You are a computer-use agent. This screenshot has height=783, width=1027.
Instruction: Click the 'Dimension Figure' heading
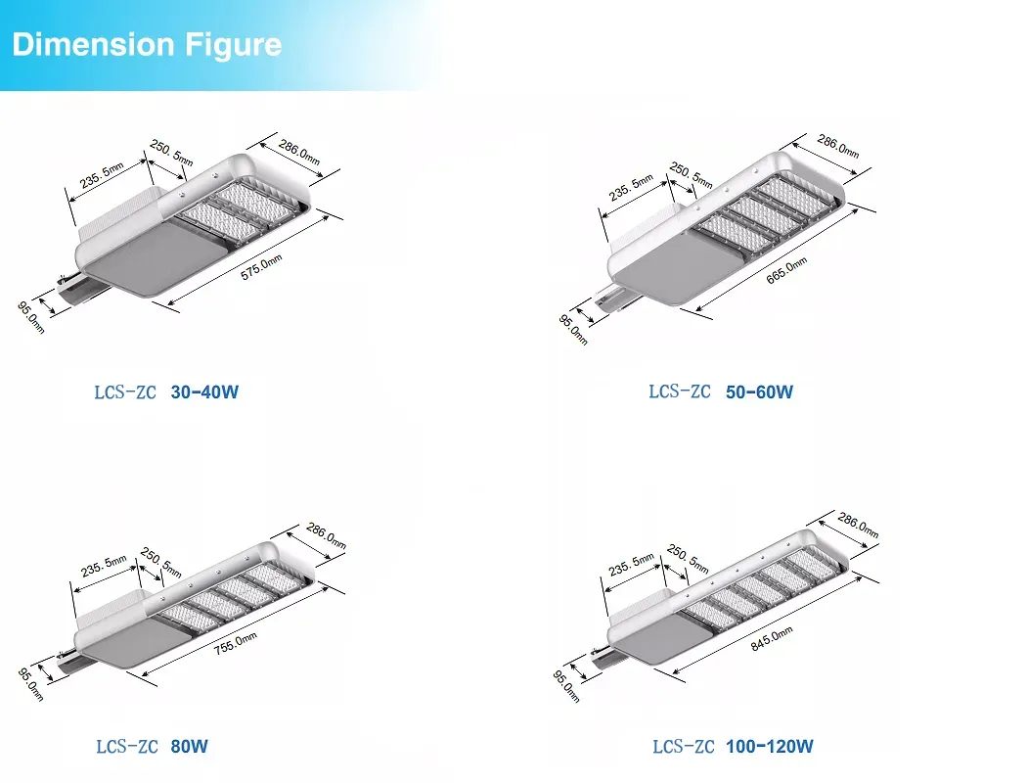point(147,45)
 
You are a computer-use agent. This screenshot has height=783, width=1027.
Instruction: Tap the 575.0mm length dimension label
point(261,267)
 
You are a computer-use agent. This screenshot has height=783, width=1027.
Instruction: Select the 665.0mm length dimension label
point(786,270)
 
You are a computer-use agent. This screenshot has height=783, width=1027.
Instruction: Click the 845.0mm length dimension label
point(772,638)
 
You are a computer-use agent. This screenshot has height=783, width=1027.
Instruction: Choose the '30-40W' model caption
point(204,391)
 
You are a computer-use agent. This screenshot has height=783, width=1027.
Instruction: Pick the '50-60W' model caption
point(759,391)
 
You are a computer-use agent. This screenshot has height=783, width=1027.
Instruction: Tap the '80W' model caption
point(190,746)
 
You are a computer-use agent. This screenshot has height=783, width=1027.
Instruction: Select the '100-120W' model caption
point(770,746)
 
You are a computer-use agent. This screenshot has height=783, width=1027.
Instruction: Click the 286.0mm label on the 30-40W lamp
point(299,152)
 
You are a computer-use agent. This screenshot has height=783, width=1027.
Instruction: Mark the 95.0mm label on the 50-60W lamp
point(573,330)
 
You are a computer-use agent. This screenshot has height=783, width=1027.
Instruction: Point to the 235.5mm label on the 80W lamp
point(104,566)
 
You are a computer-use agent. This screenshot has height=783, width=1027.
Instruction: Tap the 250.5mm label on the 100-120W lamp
point(688,558)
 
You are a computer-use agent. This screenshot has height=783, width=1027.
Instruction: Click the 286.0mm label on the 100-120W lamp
point(858,525)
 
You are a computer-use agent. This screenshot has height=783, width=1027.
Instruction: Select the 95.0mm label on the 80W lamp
point(30,684)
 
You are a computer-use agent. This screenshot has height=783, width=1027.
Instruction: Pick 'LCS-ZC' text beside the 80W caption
point(127,747)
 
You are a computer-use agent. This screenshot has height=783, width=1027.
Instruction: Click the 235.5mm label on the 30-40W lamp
point(102,175)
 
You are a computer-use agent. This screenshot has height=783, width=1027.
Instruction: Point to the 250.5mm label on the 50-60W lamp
point(691,175)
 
